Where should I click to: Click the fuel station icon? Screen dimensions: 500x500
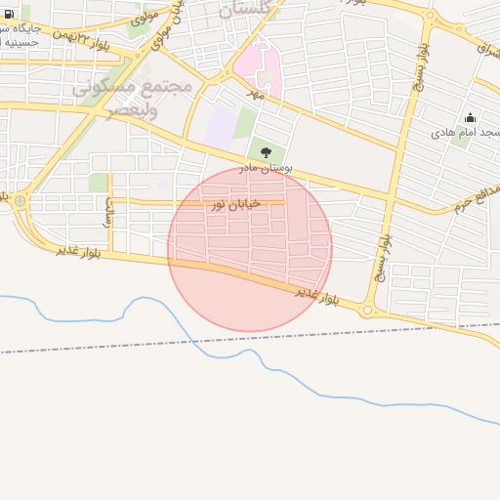pyautogui.click(x=10, y=14)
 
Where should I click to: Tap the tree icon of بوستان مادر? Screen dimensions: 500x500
pyautogui.click(x=266, y=151)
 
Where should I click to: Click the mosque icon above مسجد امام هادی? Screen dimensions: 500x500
pyautogui.click(x=470, y=118)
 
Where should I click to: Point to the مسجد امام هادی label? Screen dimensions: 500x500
pyautogui.click(x=467, y=132)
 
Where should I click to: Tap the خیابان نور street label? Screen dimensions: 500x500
pyautogui.click(x=231, y=204)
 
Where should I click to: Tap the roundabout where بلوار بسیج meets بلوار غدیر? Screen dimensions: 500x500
pyautogui.click(x=368, y=311)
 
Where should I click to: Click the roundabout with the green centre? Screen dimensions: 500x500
pyautogui.click(x=20, y=201)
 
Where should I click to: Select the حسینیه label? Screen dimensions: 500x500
pyautogui.click(x=21, y=42)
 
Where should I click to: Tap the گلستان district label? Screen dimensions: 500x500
pyautogui.click(x=240, y=11)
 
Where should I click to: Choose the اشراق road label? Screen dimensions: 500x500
pyautogui.click(x=485, y=46)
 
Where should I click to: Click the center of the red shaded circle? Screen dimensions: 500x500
pyautogui.click(x=250, y=248)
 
